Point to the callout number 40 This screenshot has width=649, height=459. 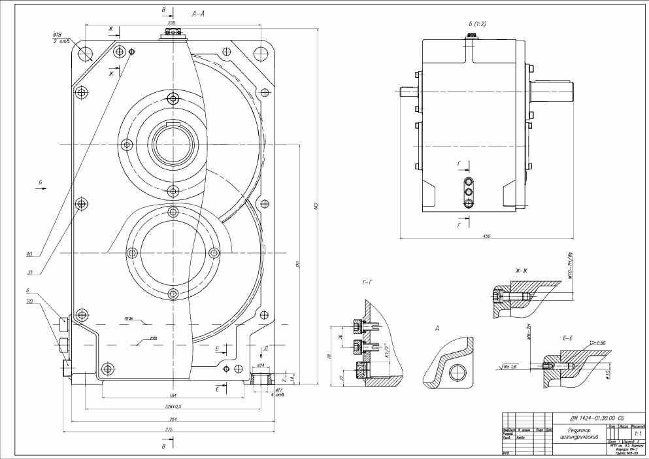coord(29,254)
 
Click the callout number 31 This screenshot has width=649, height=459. coord(29,273)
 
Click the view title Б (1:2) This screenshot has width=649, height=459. coord(477,24)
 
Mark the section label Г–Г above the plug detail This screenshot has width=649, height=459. coord(367,282)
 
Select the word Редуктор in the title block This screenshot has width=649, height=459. coord(579,430)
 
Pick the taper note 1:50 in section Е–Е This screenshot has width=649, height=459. coord(599,343)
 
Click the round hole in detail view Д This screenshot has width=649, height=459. coord(458,374)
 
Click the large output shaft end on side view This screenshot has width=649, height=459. coord(552,90)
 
